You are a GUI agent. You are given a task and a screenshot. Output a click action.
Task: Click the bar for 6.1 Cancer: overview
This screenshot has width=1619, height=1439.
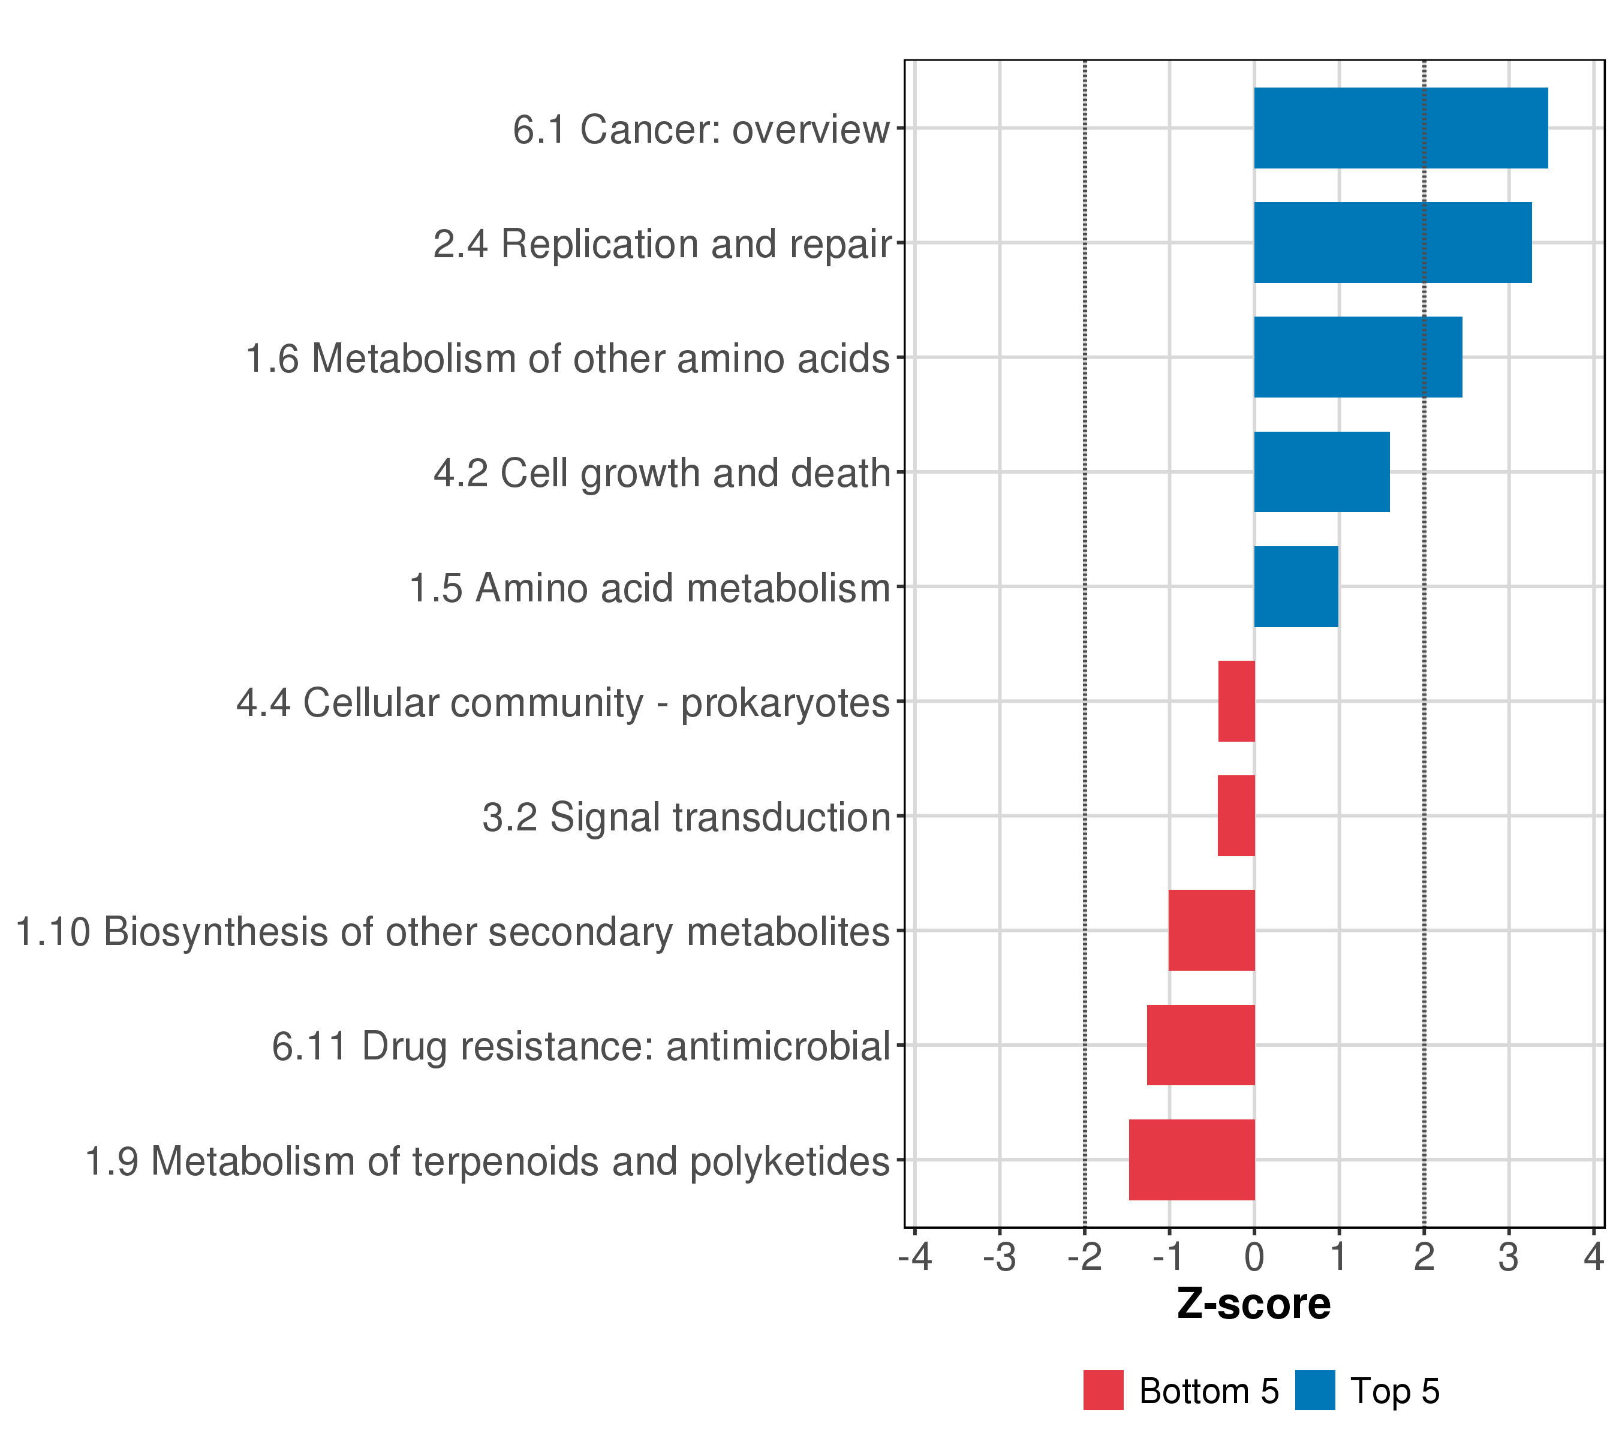[1400, 128]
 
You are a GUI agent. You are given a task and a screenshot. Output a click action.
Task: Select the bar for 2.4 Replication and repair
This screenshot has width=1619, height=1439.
[1392, 242]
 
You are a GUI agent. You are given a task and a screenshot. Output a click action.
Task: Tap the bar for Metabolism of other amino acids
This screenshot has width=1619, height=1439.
[1358, 357]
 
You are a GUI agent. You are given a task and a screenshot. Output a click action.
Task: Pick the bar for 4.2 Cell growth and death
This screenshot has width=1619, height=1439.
[1321, 472]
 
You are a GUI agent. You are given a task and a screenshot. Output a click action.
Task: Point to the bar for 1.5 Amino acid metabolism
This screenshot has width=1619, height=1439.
[1296, 587]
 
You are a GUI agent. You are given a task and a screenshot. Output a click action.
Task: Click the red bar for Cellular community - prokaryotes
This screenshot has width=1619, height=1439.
[1236, 701]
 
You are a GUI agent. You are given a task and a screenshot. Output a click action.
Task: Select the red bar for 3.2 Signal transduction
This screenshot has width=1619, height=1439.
[1236, 815]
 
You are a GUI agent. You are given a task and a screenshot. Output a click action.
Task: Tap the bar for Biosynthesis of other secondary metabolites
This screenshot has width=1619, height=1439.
[1211, 931]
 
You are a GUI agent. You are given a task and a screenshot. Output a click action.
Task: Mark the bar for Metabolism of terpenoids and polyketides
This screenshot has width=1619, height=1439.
[1191, 1160]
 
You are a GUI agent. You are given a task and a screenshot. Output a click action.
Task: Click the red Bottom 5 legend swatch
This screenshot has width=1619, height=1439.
[1103, 1390]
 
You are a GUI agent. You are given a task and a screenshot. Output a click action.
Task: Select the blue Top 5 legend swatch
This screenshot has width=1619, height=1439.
[1315, 1390]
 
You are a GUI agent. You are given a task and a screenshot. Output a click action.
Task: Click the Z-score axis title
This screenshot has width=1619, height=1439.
[1253, 1304]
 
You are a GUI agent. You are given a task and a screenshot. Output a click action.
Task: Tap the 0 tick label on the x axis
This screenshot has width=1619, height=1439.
[1254, 1258]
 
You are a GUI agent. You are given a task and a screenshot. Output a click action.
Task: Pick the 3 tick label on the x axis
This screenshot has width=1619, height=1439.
[1508, 1258]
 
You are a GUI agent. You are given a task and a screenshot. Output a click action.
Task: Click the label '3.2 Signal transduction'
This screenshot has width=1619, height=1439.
[686, 817]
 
